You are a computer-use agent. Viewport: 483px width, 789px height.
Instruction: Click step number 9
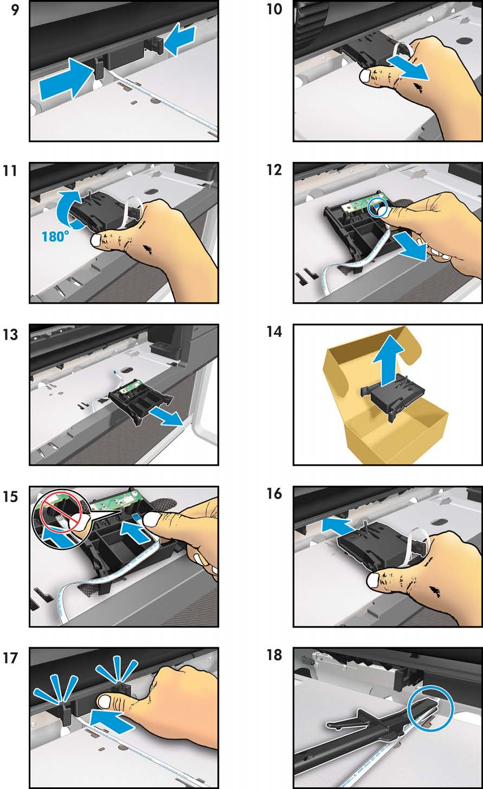[15, 10]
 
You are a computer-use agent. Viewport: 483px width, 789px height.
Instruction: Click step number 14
[274, 332]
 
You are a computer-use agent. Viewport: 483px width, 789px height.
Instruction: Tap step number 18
[274, 655]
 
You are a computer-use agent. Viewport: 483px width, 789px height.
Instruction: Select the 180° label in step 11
[55, 236]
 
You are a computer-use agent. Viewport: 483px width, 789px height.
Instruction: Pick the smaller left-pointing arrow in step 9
[179, 38]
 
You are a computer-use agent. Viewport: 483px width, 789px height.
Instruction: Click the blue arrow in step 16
[337, 525]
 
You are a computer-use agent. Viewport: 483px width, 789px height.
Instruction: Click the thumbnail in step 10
[368, 75]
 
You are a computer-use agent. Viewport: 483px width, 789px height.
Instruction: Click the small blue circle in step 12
[378, 208]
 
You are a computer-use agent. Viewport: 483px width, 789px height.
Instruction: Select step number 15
[11, 497]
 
